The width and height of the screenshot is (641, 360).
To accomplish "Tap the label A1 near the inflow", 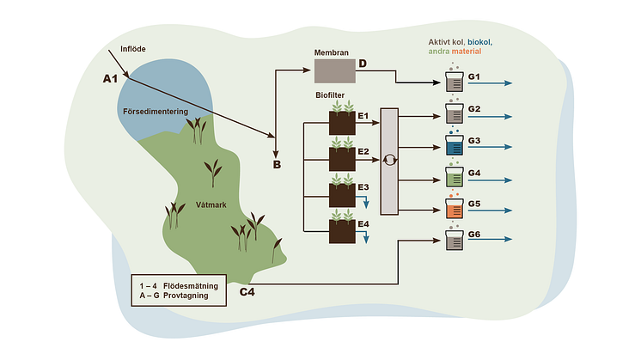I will coord(110,79).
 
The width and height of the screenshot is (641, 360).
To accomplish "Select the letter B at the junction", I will coord(277,163).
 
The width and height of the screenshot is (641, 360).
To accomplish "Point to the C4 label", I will coord(247,292).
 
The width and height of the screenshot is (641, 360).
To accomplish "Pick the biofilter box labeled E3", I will coord(343,194).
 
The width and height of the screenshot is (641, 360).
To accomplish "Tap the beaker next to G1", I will coord(454,83).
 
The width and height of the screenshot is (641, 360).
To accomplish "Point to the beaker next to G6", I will coord(454,241).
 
